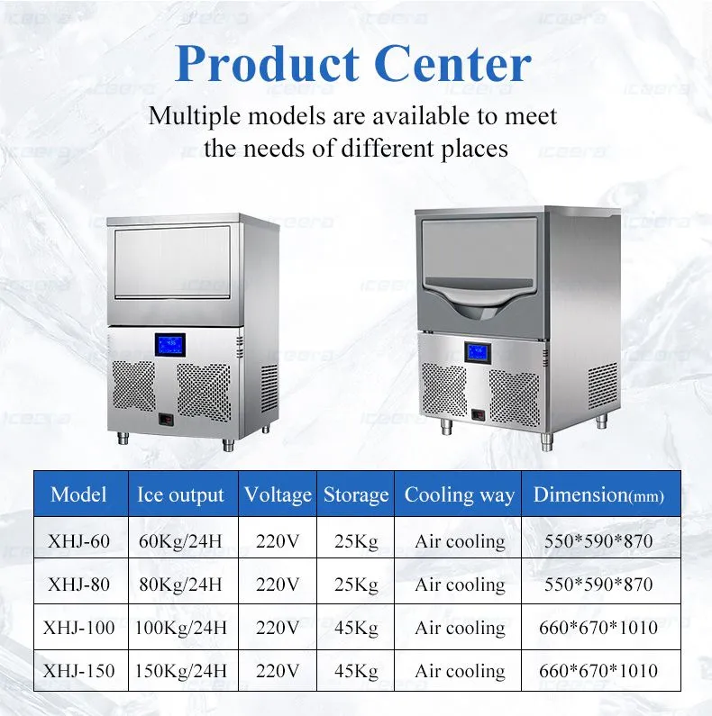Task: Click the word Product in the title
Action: pos(267,64)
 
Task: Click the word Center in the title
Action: pos(455,64)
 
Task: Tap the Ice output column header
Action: pos(180,495)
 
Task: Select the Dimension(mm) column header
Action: pos(598,495)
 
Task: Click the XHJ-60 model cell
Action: pos(78,541)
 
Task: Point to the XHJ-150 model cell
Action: pos(78,671)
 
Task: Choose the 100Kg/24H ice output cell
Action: pos(180,628)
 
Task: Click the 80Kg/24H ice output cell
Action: pos(180,585)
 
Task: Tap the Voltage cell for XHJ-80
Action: pos(278,585)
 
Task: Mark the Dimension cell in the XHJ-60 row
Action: pos(598,541)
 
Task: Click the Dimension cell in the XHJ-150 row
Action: pos(598,671)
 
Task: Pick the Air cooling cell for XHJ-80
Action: pos(460,585)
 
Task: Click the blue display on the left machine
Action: pos(169,345)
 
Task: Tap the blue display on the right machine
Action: pos(478,352)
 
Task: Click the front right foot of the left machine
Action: pos(229,444)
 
